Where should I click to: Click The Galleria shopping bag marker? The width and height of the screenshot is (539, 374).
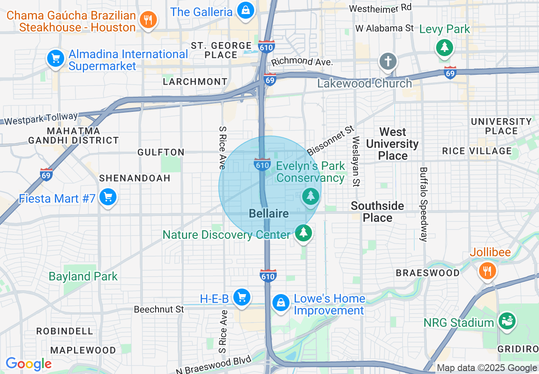246,10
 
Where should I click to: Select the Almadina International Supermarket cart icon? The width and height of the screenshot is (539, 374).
56,58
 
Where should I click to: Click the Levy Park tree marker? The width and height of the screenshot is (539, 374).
445,46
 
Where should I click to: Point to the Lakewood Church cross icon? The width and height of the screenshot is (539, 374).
388,62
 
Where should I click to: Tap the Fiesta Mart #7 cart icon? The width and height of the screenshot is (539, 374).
108,197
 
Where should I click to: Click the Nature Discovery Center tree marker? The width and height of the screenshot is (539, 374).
303,232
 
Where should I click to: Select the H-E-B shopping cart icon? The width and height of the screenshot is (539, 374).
242,297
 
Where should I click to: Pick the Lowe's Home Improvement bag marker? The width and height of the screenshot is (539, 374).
281,303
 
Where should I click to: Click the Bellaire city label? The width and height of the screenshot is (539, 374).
269,213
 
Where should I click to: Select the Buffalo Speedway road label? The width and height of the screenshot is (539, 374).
423,204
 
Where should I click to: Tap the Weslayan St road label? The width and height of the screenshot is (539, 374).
356,161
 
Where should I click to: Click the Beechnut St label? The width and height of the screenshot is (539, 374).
159,309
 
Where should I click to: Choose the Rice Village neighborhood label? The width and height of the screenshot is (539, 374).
477,151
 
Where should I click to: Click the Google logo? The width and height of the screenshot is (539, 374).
28,364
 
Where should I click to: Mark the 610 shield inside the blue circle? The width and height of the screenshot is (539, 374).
262,164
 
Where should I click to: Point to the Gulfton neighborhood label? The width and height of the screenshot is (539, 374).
161,152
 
